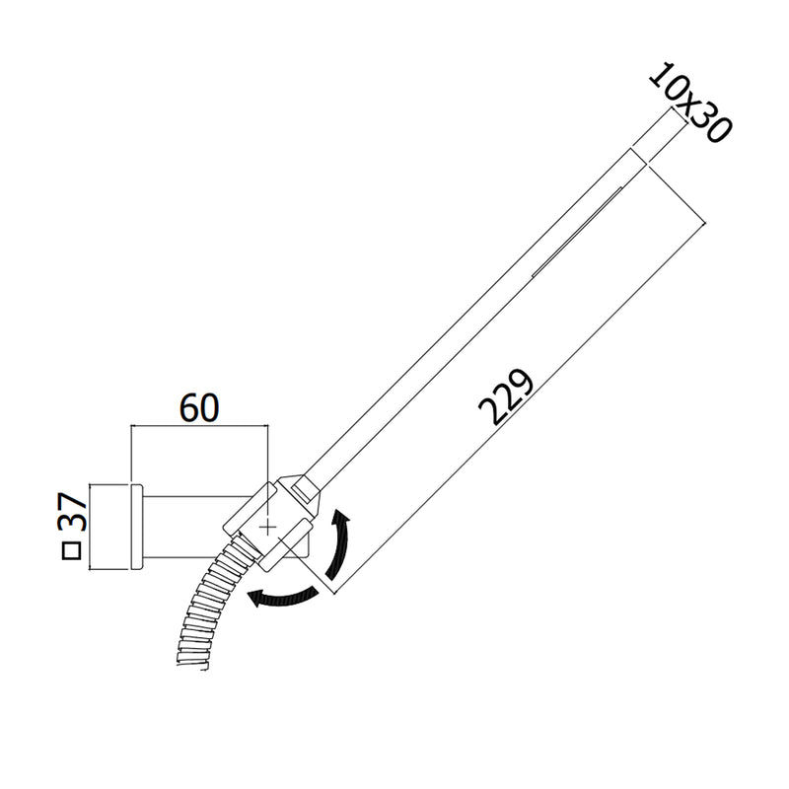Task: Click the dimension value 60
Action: point(199,408)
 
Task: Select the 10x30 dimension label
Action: point(690,103)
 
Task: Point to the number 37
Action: point(72,512)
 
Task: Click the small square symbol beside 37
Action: point(71,551)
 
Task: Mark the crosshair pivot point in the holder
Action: point(267,528)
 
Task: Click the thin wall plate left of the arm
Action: point(137,527)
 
